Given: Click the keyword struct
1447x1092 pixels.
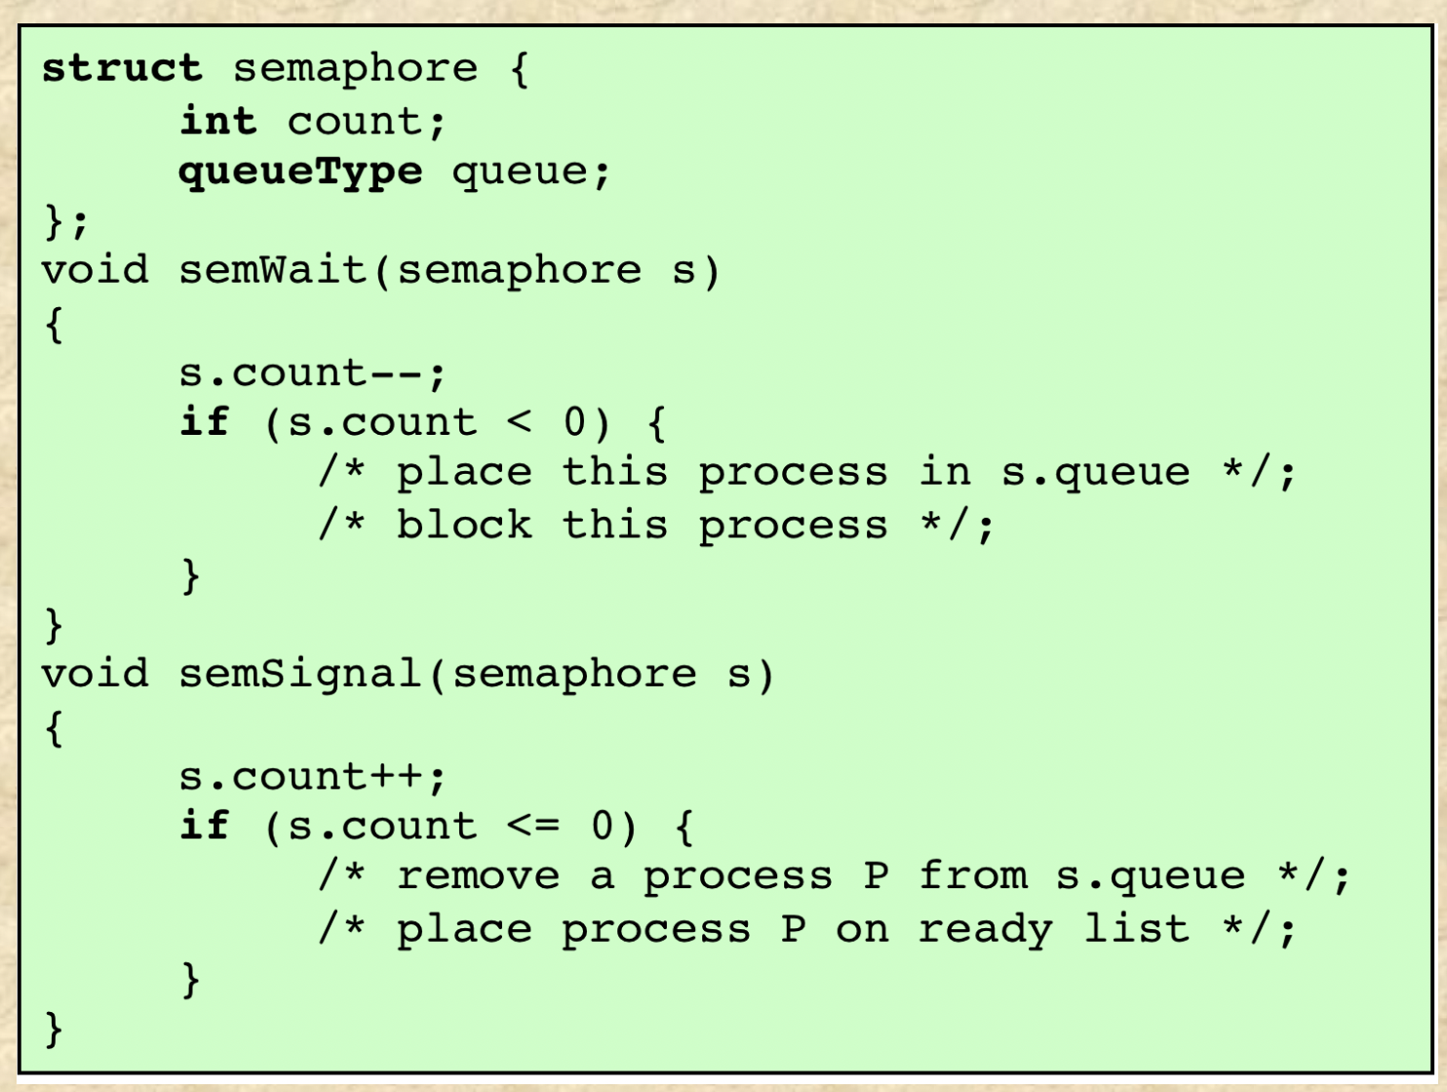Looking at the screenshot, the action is tap(122, 68).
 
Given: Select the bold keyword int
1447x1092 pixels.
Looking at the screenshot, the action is tap(217, 121).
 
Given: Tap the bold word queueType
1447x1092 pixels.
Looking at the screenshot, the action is tap(300, 172).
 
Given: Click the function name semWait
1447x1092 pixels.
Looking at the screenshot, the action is tap(273, 270).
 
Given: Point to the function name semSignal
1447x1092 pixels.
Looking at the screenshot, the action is tap(300, 674).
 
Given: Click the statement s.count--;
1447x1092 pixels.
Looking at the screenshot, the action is tap(312, 372).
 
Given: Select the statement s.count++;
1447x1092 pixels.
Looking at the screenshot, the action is tap(312, 777).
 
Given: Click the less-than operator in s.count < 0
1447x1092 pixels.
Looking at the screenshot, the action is tap(520, 422).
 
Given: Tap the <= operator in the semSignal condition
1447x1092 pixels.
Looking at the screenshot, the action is tap(533, 827).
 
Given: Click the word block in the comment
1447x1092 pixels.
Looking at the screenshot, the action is tap(464, 525).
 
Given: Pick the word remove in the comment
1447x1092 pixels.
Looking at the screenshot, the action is tap(478, 876).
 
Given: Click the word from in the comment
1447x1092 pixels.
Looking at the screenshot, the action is tap(972, 875).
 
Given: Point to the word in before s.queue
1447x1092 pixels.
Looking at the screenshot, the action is tap(945, 472).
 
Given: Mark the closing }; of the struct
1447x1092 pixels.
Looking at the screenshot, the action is tap(65, 221).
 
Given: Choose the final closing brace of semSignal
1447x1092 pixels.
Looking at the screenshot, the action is tap(54, 1029).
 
